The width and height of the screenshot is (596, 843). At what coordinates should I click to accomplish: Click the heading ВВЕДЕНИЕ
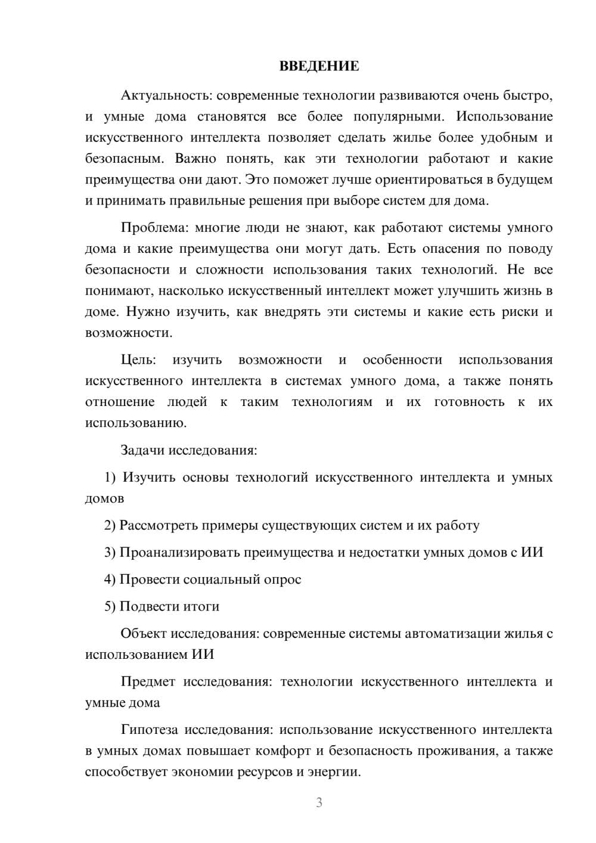[319, 66]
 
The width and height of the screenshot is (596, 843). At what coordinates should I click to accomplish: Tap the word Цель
[138, 359]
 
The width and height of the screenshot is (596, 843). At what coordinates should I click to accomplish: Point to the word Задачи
[142, 450]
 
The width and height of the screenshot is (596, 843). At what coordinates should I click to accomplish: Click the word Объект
[144, 634]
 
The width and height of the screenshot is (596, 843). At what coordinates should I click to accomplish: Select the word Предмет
[148, 681]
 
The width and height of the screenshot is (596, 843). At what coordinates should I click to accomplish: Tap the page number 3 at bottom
[319, 802]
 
